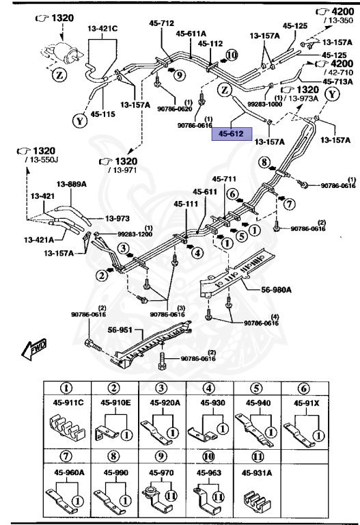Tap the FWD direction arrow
pyautogui.click(x=34, y=350)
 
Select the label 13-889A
pyautogui.click(x=71, y=184)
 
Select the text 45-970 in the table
pyautogui.click(x=161, y=471)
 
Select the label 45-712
pyautogui.click(x=162, y=23)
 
